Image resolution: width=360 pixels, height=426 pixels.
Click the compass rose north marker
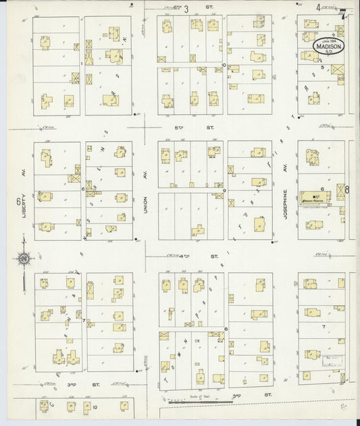click(24, 258)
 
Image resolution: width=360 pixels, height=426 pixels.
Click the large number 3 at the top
click(186, 9)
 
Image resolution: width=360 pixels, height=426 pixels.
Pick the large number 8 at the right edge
click(347, 190)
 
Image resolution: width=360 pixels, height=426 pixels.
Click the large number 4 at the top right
click(318, 7)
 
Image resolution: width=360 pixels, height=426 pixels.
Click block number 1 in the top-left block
click(82, 63)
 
